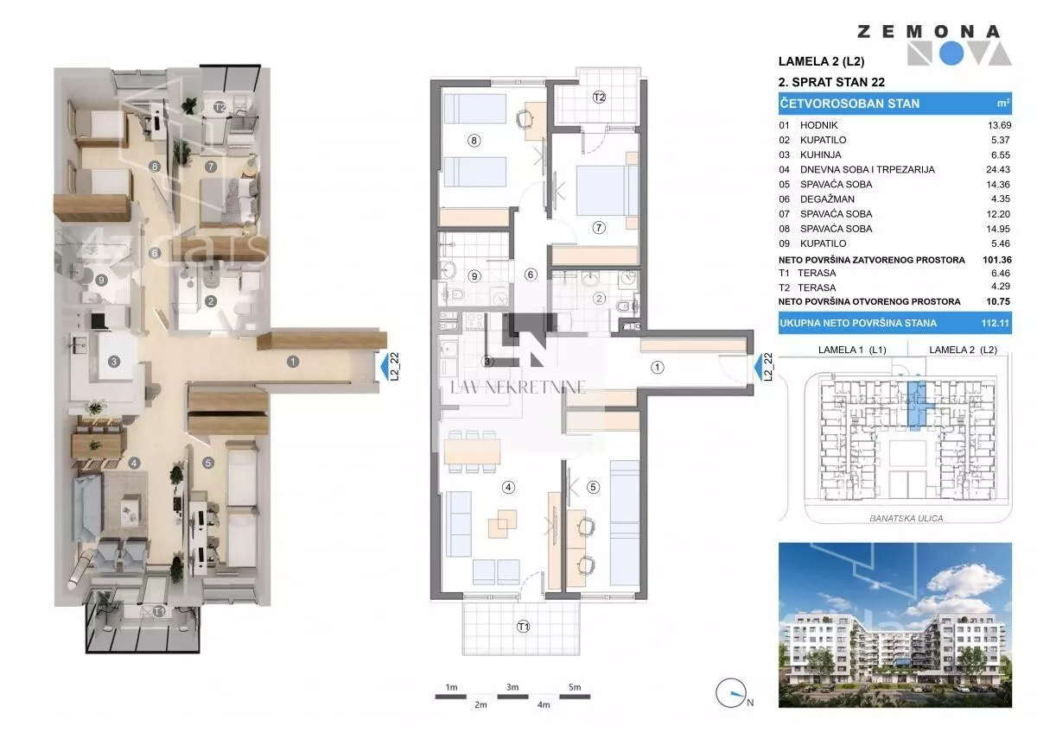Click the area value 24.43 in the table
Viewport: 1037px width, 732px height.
pos(997,170)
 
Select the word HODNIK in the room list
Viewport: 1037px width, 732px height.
pos(819,125)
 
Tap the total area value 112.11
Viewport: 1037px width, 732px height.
pos(995,323)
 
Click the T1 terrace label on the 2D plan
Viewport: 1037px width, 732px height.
pos(523,627)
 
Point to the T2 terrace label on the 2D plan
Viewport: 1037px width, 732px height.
pos(599,97)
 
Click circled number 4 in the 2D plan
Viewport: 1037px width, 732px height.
pos(508,487)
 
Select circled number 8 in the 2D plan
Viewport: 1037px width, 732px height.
pos(474,141)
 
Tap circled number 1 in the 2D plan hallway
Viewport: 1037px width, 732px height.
pos(658,368)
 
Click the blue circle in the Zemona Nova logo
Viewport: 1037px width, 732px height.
pos(951,54)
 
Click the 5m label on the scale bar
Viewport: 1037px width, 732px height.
pos(575,687)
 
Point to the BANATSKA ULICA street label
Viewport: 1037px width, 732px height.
pos(906,519)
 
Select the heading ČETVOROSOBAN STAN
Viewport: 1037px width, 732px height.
pos(849,104)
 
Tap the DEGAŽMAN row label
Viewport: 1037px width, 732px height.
pos(827,199)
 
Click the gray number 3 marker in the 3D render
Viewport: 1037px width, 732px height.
pos(114,362)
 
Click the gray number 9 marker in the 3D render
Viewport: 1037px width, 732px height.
pos(101,280)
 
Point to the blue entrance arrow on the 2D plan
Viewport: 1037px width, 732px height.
pos(758,367)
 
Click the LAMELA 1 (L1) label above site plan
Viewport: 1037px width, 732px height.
pos(852,350)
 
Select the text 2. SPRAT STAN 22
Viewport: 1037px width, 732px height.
pos(831,82)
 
